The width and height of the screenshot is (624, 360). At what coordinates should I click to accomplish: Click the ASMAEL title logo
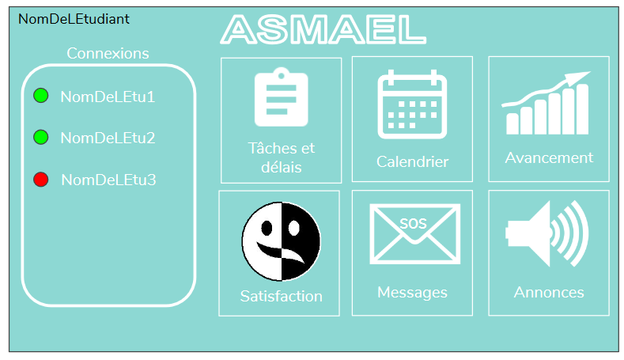pos(323,29)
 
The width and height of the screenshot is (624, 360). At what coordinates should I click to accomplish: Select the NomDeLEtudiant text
pos(74,19)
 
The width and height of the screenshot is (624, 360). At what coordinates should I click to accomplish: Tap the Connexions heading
pos(108,53)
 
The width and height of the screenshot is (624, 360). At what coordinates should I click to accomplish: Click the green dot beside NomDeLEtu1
pos(41,96)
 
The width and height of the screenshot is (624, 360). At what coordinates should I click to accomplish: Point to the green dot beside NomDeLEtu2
pos(41,137)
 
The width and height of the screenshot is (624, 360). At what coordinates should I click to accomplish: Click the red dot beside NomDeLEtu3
pos(41,179)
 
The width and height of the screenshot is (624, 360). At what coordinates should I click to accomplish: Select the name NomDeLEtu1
pos(108,97)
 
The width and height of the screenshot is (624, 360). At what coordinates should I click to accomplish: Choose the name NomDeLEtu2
pos(108,138)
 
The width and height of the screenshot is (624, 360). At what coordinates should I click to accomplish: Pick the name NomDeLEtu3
pos(108,180)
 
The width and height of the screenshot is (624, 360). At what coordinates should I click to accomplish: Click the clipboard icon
pos(282,97)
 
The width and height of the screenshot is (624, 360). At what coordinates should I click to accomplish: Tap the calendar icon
pos(412,104)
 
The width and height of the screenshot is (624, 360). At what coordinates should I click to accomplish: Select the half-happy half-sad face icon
pos(282,241)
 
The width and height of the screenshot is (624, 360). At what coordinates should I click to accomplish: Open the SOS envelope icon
pos(414,233)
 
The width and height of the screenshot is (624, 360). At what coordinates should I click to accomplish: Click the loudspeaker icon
pos(546,233)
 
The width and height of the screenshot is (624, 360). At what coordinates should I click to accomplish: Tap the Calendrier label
pos(412,161)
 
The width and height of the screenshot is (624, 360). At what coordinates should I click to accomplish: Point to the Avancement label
pos(549,157)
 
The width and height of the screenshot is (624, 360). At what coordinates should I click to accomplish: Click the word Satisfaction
pos(282,296)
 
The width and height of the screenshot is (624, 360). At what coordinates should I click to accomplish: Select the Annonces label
pos(549,292)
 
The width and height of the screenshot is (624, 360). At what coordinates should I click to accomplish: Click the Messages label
pos(412,293)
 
